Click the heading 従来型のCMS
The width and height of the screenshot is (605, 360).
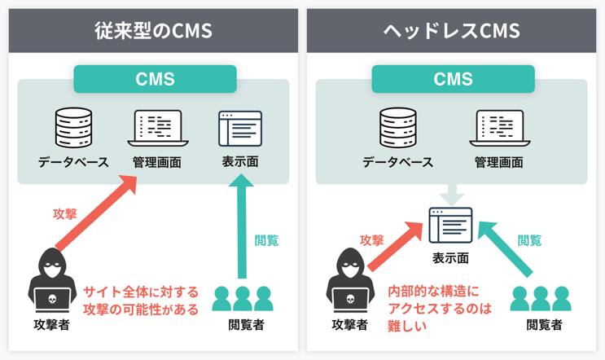[153, 31]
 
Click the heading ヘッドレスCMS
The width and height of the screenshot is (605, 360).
[452, 31]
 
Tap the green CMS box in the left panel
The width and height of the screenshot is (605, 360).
[155, 79]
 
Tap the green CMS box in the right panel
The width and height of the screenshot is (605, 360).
[453, 79]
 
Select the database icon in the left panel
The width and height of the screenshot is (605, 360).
[73, 128]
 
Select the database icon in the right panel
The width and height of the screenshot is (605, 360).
[398, 128]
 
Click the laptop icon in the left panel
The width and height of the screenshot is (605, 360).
[158, 129]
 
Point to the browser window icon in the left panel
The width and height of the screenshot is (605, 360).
[240, 129]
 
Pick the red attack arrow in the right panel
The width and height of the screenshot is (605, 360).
[397, 242]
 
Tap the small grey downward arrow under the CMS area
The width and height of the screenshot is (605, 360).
[452, 196]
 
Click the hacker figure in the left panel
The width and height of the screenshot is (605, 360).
[53, 281]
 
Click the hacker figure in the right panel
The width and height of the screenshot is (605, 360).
[350, 281]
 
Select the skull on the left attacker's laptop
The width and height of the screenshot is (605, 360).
[53, 300]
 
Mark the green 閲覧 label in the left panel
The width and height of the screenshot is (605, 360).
[266, 240]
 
